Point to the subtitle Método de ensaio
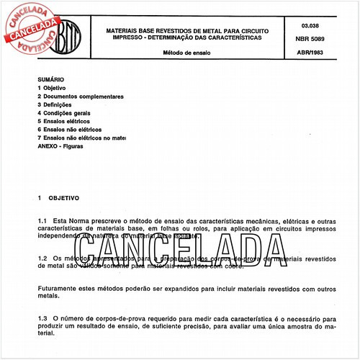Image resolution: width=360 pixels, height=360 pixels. click(183, 53)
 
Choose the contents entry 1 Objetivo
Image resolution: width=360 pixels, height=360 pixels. click(55, 88)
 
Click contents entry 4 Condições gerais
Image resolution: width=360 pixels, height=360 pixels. click(68, 113)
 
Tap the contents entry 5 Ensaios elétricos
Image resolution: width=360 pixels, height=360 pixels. click(69, 121)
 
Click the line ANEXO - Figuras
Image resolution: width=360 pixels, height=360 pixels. click(60, 145)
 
